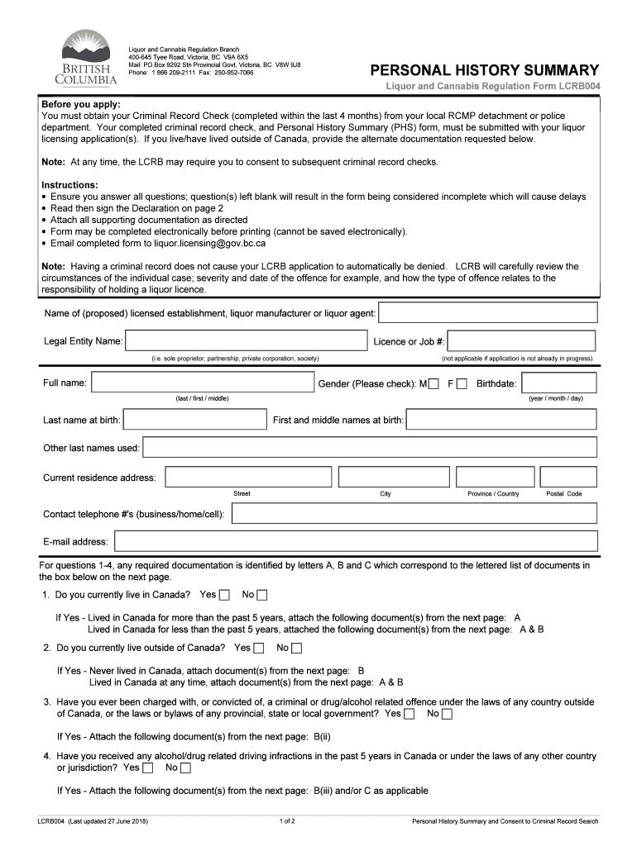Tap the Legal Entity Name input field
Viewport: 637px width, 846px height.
coord(245,341)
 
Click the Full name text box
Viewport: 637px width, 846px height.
coord(202,383)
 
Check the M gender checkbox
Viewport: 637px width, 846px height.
coord(433,383)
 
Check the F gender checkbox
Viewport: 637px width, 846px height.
coord(462,383)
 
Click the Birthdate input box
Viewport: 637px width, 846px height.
coord(560,383)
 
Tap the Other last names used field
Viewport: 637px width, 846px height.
coord(370,448)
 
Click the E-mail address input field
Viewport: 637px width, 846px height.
coord(356,541)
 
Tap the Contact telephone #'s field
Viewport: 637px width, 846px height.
coord(414,514)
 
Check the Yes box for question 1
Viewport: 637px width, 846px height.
coord(225,595)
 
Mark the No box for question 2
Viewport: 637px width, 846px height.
coord(297,648)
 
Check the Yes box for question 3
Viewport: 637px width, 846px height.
coord(409,714)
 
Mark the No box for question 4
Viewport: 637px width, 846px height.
coord(185,768)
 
